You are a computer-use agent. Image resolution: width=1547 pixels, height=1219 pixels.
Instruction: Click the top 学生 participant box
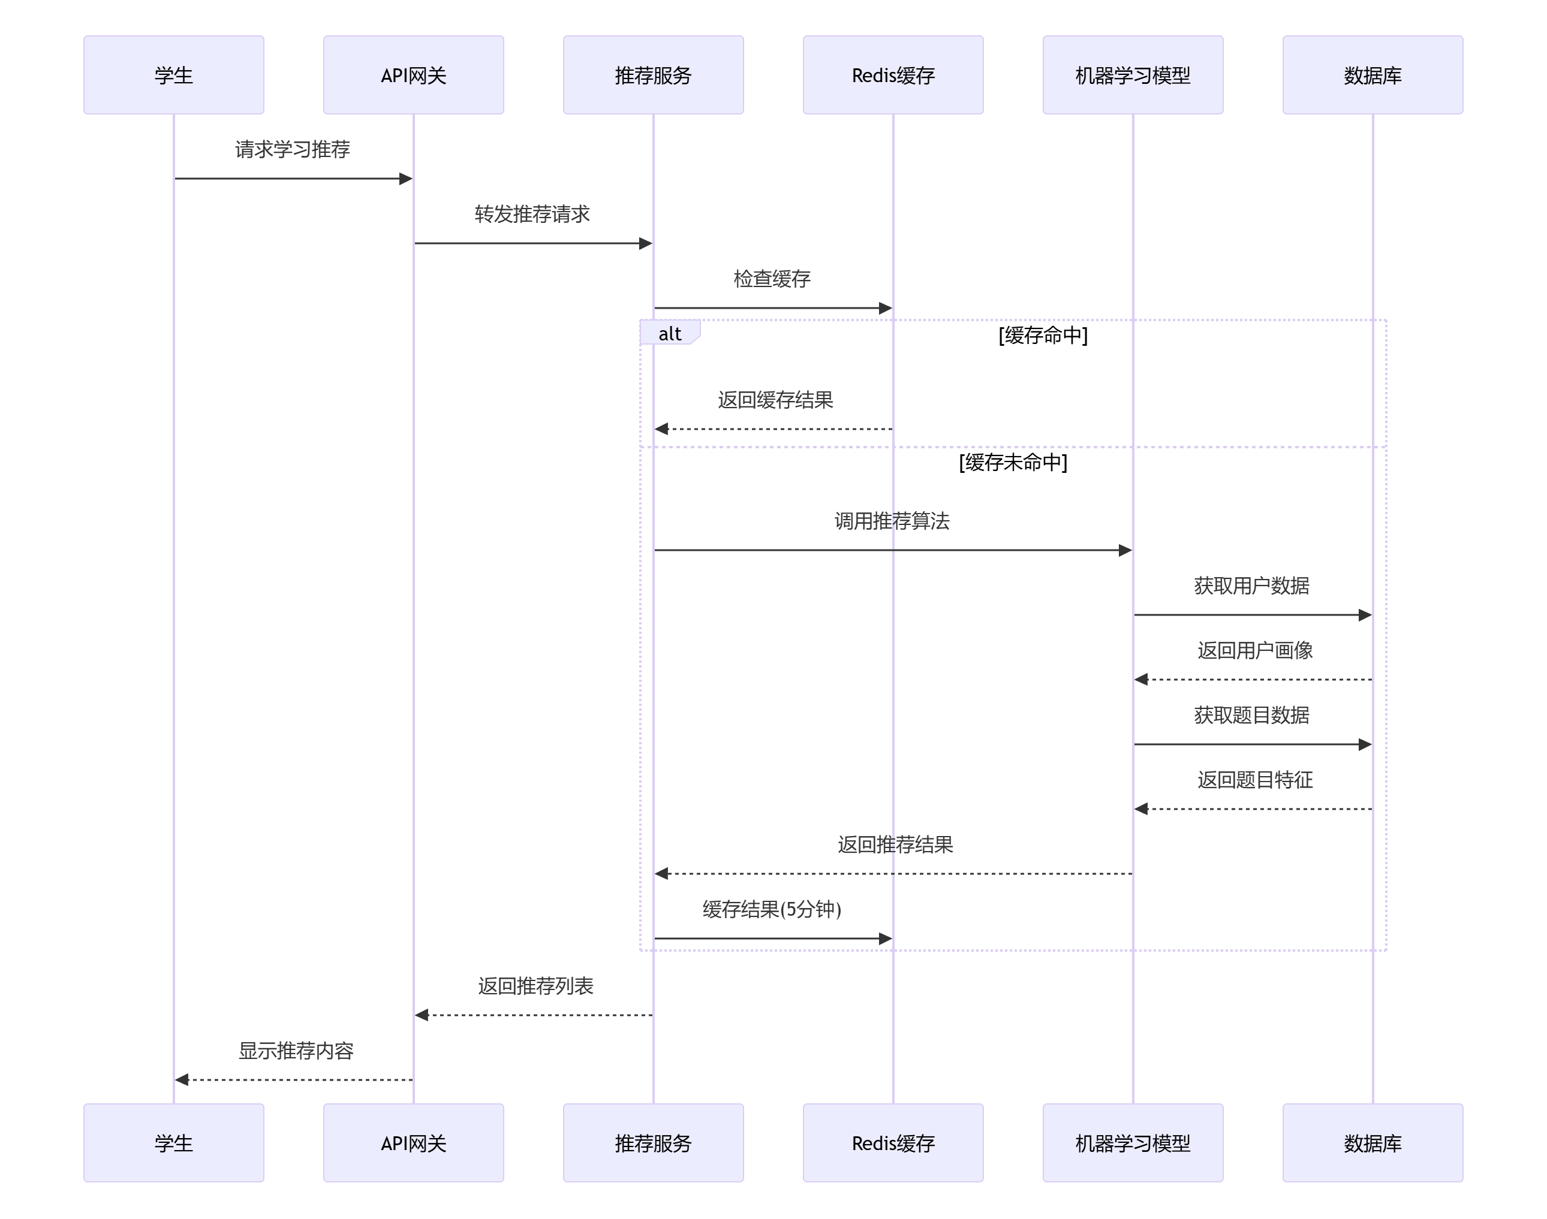pyautogui.click(x=173, y=75)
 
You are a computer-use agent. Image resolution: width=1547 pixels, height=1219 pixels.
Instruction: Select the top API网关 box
pyautogui.click(x=413, y=75)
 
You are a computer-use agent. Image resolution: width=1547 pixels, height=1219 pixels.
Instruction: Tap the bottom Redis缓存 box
pyautogui.click(x=892, y=1143)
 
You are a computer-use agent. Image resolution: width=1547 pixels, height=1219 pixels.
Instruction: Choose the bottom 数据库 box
pyautogui.click(x=1372, y=1143)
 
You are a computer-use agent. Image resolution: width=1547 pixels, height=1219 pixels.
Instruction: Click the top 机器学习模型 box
pyautogui.click(x=1132, y=75)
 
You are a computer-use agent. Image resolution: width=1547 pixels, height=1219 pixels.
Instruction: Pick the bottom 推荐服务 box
pyautogui.click(x=652, y=1143)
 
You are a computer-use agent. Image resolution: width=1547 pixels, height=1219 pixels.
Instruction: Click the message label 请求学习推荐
pyautogui.click(x=293, y=149)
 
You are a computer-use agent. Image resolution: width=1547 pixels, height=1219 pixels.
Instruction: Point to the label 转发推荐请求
pyautogui.click(x=532, y=214)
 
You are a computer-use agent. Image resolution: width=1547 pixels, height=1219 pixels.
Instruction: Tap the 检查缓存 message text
pyautogui.click(x=772, y=278)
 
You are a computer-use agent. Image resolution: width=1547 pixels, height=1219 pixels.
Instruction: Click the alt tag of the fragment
pyautogui.click(x=669, y=333)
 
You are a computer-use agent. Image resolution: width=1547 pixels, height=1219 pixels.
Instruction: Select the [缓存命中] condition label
pyautogui.click(x=1042, y=335)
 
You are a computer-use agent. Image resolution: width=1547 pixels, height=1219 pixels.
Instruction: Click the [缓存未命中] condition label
pyautogui.click(x=1012, y=463)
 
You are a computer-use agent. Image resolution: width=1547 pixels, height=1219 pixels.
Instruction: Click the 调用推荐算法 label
pyautogui.click(x=892, y=521)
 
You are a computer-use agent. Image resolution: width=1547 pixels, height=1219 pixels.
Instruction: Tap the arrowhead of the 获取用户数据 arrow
pyautogui.click(x=1364, y=614)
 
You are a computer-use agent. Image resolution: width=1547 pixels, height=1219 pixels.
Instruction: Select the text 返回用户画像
pyautogui.click(x=1254, y=650)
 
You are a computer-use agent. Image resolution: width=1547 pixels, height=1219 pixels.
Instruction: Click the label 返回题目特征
pyautogui.click(x=1254, y=779)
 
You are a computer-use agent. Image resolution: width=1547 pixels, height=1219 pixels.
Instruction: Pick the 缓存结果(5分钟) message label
pyautogui.click(x=772, y=909)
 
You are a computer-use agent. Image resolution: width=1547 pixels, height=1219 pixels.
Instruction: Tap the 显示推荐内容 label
pyautogui.click(x=296, y=1051)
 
